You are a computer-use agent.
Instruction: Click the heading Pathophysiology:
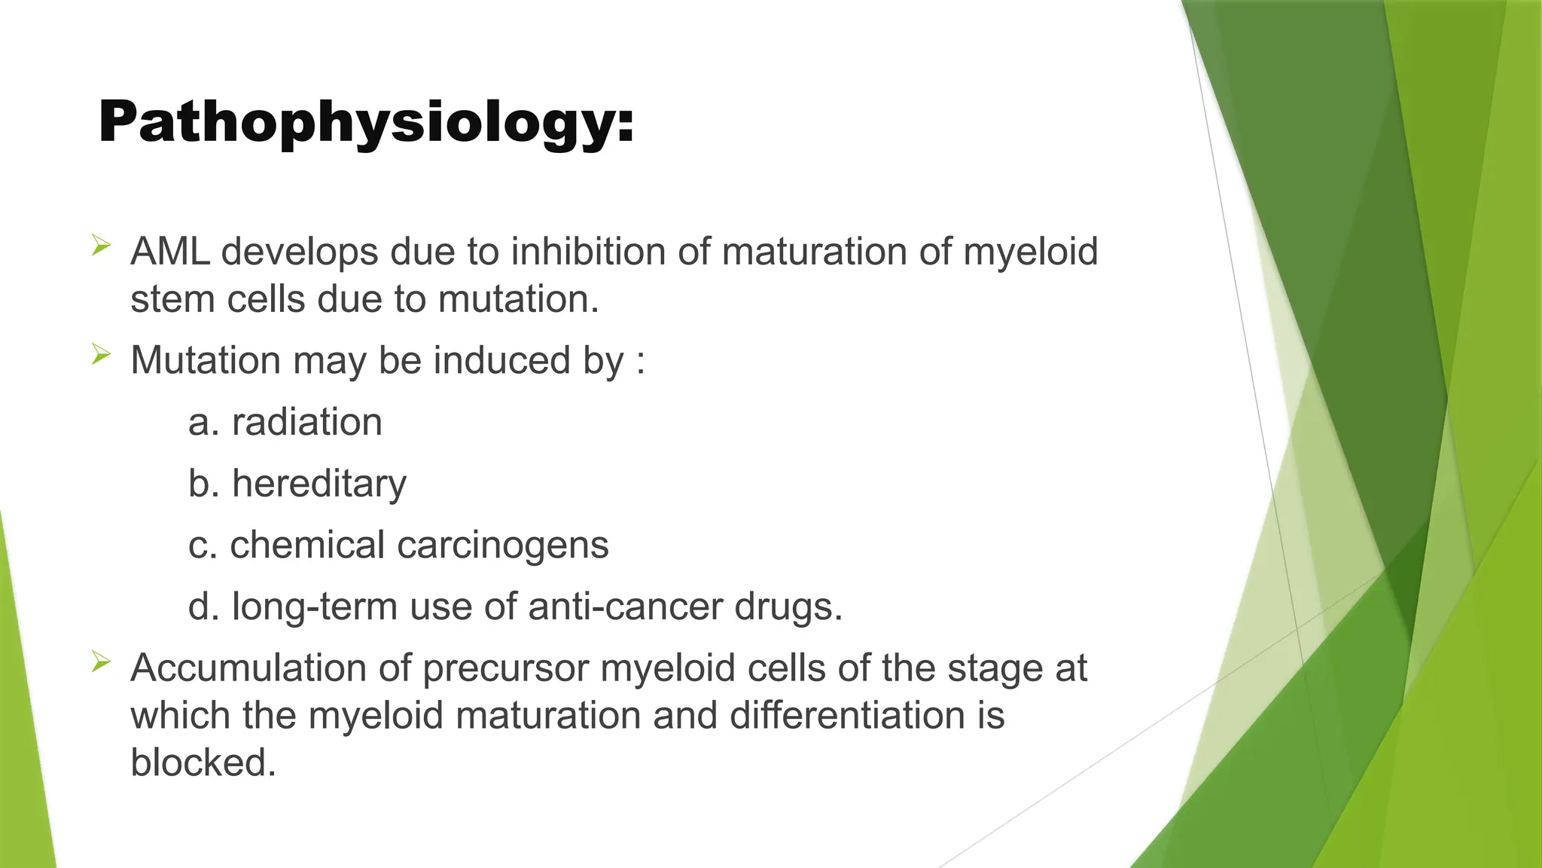click(367, 123)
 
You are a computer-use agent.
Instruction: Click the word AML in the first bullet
click(169, 252)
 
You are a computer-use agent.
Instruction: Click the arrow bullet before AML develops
click(102, 245)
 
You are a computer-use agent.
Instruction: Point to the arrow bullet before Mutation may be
click(102, 353)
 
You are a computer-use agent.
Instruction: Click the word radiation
click(307, 422)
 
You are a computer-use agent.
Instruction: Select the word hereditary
click(319, 484)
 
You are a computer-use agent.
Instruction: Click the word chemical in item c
click(307, 546)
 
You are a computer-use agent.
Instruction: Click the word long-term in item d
click(315, 607)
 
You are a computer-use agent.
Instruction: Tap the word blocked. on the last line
click(203, 763)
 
